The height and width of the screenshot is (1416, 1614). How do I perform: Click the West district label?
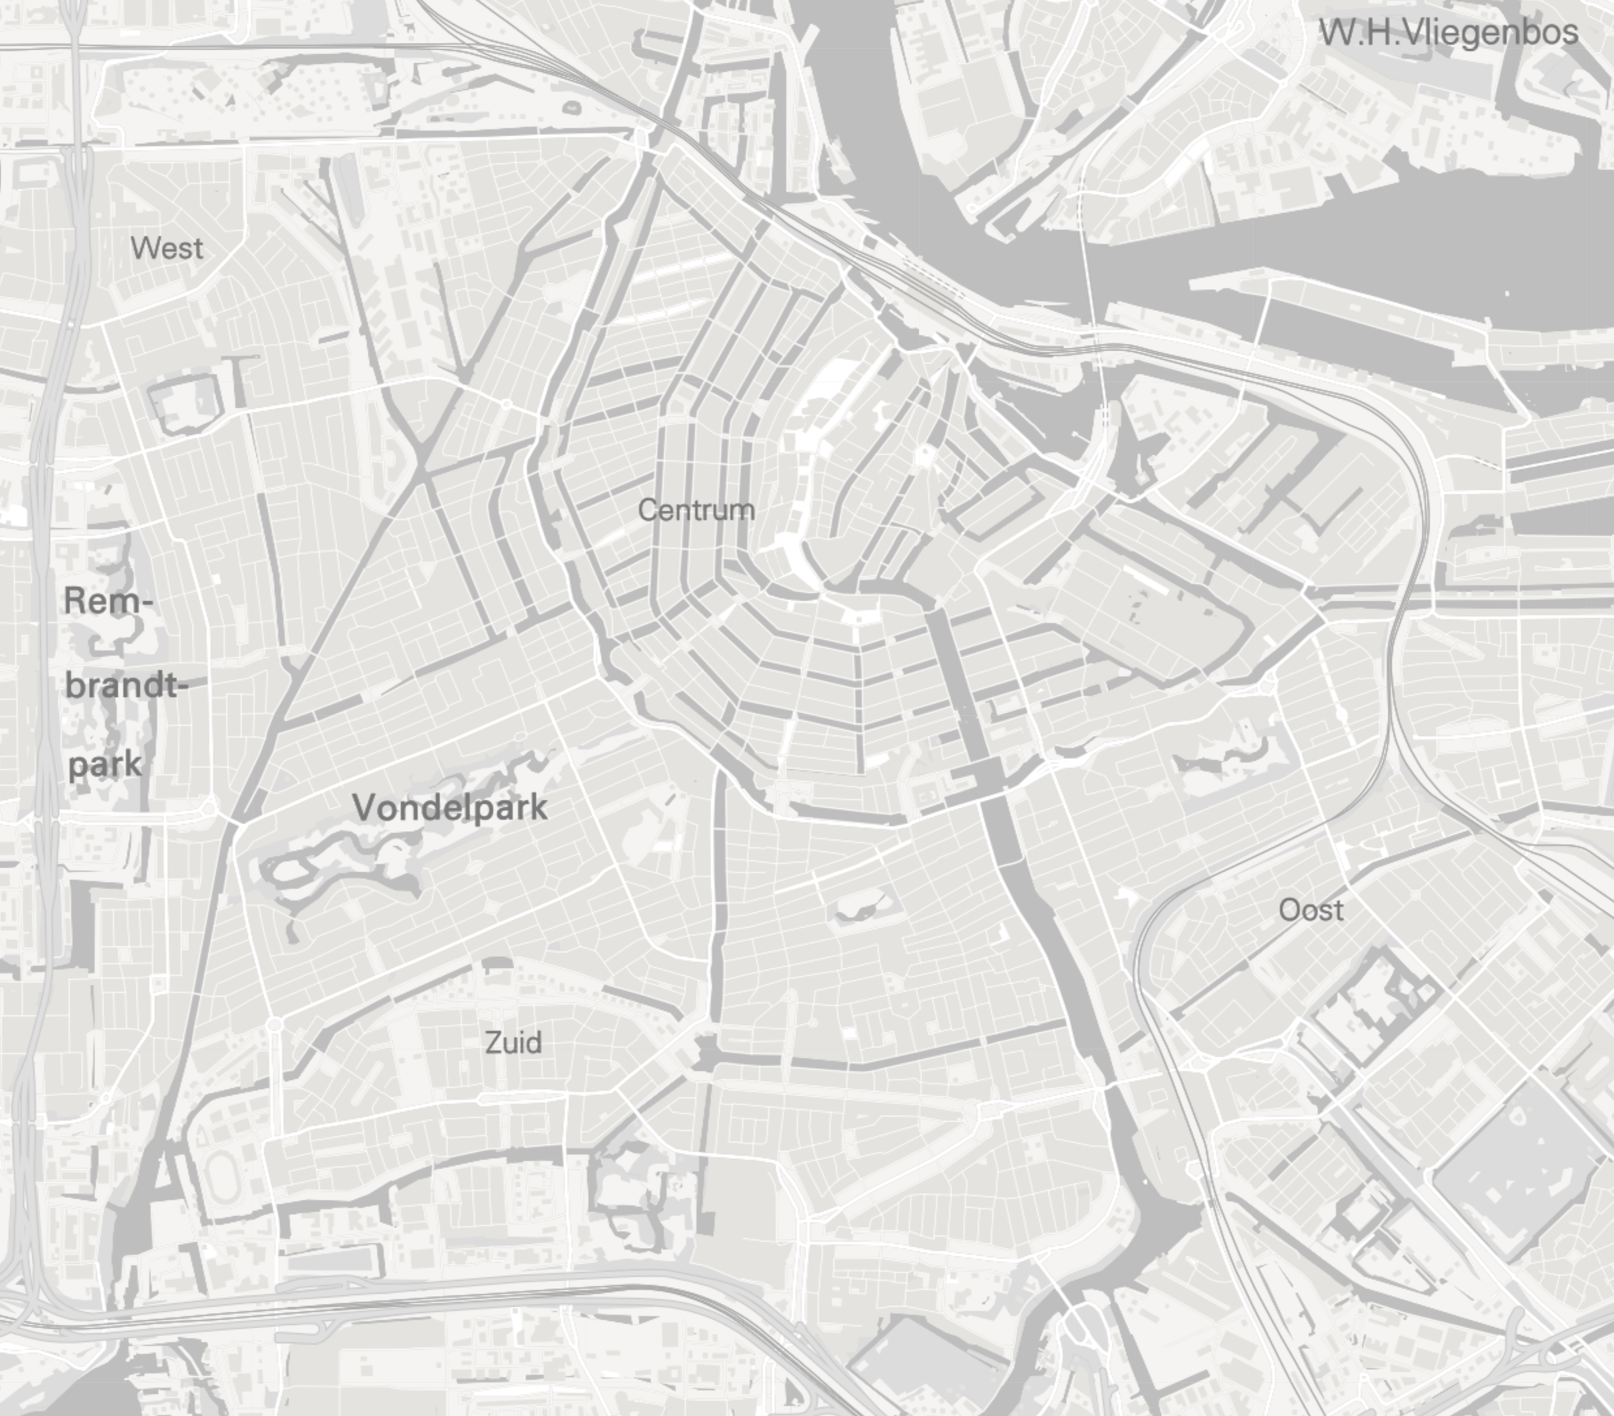(167, 249)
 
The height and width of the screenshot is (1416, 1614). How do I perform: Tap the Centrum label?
(696, 510)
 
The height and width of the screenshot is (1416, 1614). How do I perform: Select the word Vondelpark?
(449, 807)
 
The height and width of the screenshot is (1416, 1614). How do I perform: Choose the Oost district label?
(1310, 910)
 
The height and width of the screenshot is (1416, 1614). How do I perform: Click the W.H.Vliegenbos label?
(1448, 33)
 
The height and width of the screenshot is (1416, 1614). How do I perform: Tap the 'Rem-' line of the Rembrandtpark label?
(107, 601)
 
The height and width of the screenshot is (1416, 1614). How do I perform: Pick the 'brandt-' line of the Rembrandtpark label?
(126, 685)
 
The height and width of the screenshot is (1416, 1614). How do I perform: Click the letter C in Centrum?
(647, 510)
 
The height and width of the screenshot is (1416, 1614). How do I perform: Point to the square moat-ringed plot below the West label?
(183, 403)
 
